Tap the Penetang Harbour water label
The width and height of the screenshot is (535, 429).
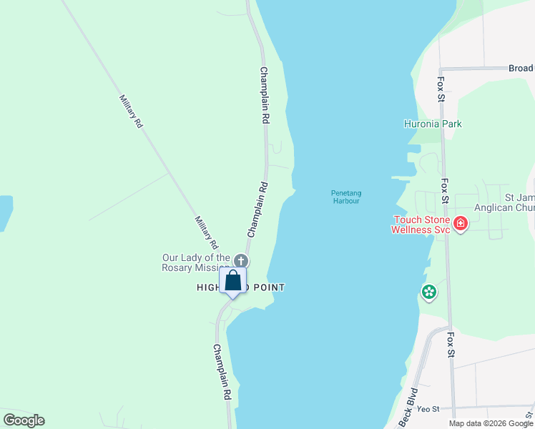tap(345, 197)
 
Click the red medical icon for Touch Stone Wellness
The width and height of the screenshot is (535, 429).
tap(461, 224)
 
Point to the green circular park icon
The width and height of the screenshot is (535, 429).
tap(428, 292)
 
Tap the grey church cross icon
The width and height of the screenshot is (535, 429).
tap(242, 260)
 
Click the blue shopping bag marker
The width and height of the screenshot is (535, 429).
tap(233, 280)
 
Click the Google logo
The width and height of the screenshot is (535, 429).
tap(24, 420)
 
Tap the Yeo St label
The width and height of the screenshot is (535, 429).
tap(427, 409)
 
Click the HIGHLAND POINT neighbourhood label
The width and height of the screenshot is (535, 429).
tap(241, 287)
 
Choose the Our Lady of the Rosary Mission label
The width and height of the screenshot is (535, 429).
tap(196, 262)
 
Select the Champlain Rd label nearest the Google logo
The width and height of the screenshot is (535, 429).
tap(221, 372)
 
